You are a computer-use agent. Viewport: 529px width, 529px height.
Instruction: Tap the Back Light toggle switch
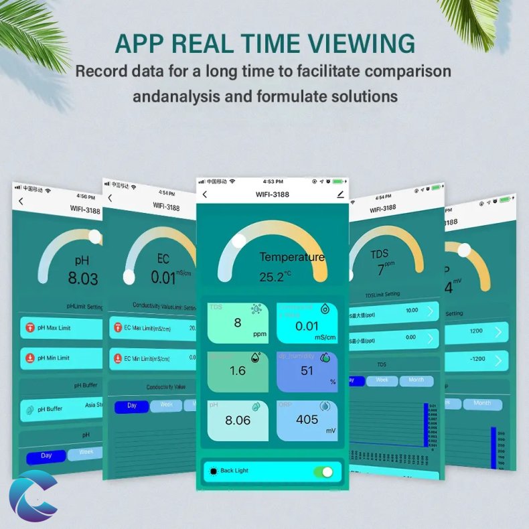pyautogui.click(x=323, y=471)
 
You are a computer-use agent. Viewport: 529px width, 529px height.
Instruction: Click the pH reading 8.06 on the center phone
pyautogui.click(x=238, y=421)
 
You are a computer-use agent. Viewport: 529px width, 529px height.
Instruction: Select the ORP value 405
pyautogui.click(x=307, y=420)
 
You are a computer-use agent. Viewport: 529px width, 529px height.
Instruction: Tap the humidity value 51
pyautogui.click(x=307, y=370)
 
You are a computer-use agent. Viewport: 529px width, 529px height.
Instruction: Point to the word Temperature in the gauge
pyautogui.click(x=292, y=257)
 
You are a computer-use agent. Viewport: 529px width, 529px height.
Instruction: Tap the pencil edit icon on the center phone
pyautogui.click(x=340, y=194)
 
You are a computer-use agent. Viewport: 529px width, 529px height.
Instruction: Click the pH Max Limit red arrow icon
pyautogui.click(x=30, y=327)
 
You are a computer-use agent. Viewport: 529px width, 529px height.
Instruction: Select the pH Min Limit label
pyautogui.click(x=54, y=358)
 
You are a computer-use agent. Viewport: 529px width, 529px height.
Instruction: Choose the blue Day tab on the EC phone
pyautogui.click(x=131, y=406)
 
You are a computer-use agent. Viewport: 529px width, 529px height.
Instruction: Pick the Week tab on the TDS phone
pyautogui.click(x=382, y=380)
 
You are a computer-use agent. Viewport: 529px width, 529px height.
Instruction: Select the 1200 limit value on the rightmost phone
pyautogui.click(x=477, y=331)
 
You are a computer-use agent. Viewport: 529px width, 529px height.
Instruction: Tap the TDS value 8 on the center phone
pyautogui.click(x=237, y=323)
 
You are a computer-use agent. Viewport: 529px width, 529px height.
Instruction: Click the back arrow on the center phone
pyautogui.click(x=204, y=195)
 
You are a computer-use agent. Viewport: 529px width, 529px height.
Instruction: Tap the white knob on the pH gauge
pyautogui.click(x=95, y=236)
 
